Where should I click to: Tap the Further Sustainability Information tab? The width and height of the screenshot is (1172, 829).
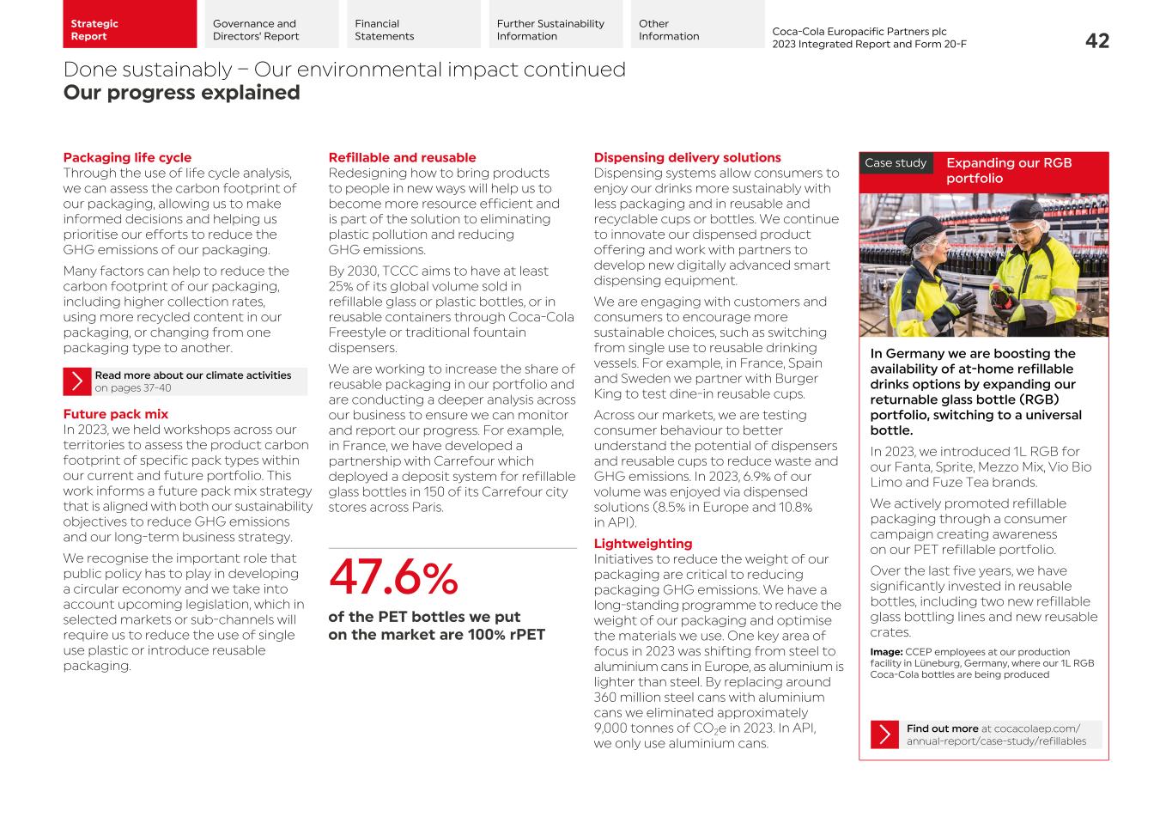556,30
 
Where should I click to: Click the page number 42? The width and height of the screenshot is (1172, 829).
1096,40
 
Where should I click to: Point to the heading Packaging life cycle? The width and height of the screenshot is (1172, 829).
127,157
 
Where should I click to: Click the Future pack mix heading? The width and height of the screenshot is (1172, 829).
115,414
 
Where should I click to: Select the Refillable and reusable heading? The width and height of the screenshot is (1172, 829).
402,157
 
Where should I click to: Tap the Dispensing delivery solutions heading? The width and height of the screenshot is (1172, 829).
687,157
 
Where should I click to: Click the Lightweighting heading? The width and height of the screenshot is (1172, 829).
642,544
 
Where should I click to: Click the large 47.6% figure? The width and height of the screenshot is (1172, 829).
393,577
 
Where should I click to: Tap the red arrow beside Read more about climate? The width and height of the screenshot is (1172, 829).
77,381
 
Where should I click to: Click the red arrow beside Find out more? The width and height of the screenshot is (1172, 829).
884,735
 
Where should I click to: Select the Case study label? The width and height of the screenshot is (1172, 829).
896,163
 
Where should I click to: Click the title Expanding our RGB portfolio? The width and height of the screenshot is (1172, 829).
1009,170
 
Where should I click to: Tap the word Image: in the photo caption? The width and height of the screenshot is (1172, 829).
886,652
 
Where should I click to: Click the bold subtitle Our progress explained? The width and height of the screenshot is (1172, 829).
181,93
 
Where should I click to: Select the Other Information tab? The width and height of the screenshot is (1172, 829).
697,30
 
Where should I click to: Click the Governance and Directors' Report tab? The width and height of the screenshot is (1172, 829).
270,30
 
